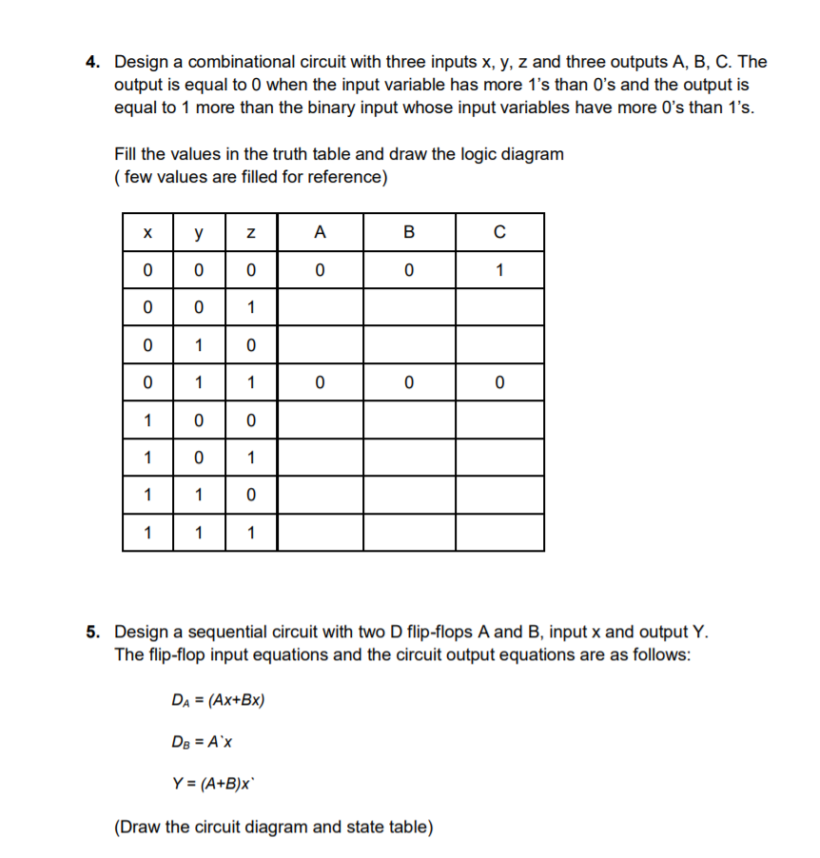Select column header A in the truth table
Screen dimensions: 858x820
point(320,232)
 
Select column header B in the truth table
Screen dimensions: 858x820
point(409,232)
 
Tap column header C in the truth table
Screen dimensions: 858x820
point(499,232)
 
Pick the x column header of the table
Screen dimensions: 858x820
point(147,232)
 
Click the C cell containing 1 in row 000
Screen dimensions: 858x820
point(499,270)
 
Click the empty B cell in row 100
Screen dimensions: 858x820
point(409,420)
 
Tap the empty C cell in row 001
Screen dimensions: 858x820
point(499,307)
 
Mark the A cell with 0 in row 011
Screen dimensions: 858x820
point(320,382)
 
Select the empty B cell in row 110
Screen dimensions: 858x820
point(409,495)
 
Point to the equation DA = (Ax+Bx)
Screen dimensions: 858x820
point(217,701)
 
